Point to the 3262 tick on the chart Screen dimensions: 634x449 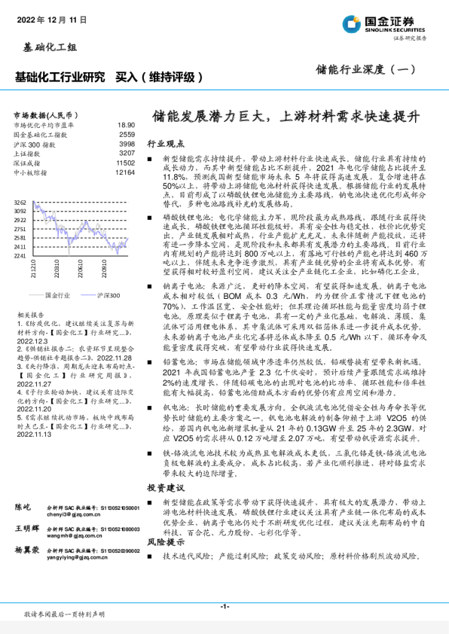tap(20, 203)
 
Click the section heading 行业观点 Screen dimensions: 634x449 tap(164, 142)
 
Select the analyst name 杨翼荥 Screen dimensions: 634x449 tap(28, 550)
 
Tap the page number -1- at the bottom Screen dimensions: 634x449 tap(225, 606)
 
